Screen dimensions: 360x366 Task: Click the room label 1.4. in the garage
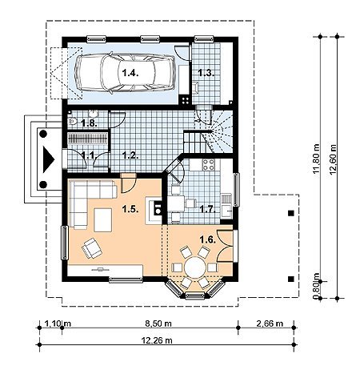(x=130, y=73)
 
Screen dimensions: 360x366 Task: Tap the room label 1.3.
(x=206, y=73)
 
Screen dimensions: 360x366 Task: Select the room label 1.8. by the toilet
(x=90, y=123)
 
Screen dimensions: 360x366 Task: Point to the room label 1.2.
(x=130, y=155)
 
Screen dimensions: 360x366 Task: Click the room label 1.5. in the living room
(x=130, y=209)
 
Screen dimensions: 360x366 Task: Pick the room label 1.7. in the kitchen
(x=207, y=209)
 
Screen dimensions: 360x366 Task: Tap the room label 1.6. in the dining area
(x=207, y=239)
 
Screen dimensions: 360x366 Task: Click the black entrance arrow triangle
(x=49, y=159)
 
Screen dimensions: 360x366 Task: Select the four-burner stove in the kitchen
(x=208, y=165)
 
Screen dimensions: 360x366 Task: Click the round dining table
(x=195, y=267)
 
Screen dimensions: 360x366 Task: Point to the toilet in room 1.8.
(x=73, y=122)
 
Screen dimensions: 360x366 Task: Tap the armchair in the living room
(x=92, y=248)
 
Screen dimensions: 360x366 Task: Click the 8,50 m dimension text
(x=158, y=324)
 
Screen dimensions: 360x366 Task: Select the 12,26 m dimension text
(x=157, y=340)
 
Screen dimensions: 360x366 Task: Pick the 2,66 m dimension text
(x=270, y=324)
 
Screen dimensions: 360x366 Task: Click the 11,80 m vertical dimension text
(x=316, y=159)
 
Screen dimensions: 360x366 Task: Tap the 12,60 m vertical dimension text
(x=333, y=159)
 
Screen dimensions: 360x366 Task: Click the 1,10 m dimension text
(x=58, y=324)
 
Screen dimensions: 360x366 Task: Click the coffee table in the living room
(x=103, y=220)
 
